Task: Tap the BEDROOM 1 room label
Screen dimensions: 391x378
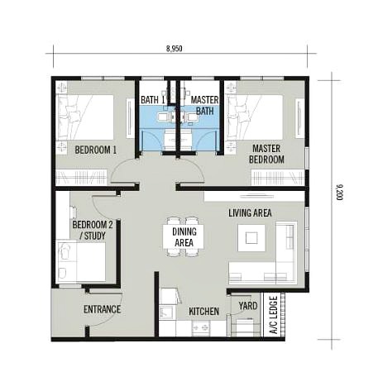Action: (96, 150)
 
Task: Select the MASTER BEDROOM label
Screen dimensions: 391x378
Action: (268, 154)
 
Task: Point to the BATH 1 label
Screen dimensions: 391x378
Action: (153, 100)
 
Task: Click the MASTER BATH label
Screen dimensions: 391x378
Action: (203, 105)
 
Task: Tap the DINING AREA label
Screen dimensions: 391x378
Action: (184, 237)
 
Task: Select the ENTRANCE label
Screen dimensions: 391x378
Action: (102, 310)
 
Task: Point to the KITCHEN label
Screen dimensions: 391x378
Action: (203, 311)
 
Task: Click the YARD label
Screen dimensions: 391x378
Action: (246, 305)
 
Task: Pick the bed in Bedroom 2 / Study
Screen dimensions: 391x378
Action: (80, 262)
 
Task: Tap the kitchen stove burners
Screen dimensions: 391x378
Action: (200, 328)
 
